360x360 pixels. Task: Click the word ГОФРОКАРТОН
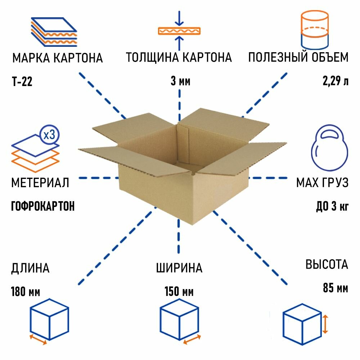coord(43,206)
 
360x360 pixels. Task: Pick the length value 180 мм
coord(26,291)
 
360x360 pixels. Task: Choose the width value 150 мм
coord(179,291)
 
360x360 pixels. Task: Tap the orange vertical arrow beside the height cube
coord(325,324)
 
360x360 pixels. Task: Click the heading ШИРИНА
coord(179,268)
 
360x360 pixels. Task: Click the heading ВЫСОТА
coord(327,265)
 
